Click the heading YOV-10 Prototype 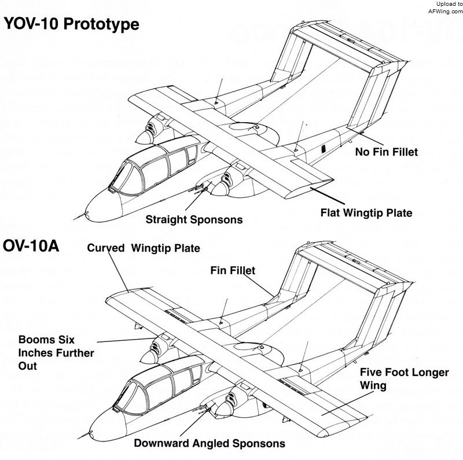point(71,24)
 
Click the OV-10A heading point(31,246)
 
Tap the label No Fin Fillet point(387,152)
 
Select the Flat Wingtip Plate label point(366,213)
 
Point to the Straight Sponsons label point(194,220)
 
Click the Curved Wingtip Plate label point(144,248)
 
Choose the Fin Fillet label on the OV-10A point(233,270)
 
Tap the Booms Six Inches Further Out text point(56,353)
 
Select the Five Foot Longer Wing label point(404,379)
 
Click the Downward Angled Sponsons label point(210,443)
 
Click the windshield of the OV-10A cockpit point(126,396)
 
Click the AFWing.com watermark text point(446,12)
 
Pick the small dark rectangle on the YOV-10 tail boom point(324,149)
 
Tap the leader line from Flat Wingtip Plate point(327,196)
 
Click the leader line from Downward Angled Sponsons point(195,422)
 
